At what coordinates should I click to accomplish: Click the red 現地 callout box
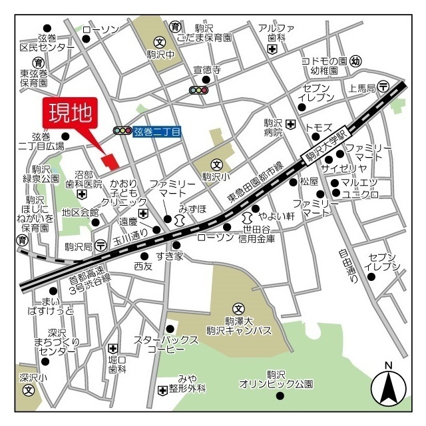click(70, 114)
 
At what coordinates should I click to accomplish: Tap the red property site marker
click(108, 160)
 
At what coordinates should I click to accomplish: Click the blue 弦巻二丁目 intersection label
click(158, 131)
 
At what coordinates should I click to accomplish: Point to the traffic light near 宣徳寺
click(198, 90)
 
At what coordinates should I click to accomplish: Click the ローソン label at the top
click(101, 29)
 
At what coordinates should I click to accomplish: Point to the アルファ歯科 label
click(276, 33)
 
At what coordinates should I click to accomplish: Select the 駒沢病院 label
click(272, 128)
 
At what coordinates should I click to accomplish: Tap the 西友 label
click(143, 266)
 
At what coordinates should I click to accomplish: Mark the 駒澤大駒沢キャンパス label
click(239, 325)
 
